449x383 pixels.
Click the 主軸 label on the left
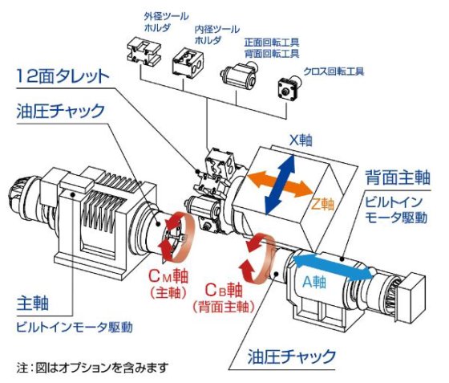33,303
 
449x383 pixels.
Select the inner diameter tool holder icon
191,58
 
